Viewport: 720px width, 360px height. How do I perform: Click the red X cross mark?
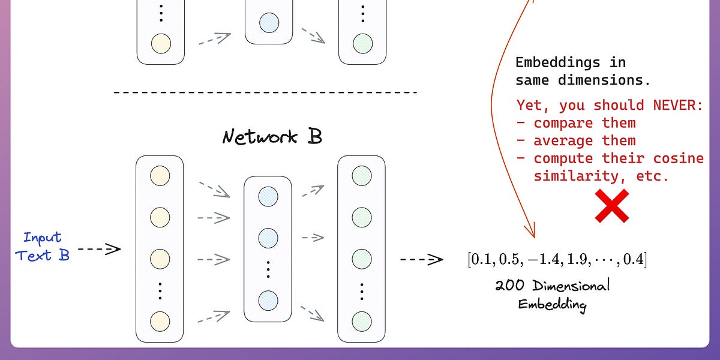click(611, 206)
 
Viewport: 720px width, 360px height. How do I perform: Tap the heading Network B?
click(272, 137)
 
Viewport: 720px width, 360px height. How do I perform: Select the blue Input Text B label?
click(43, 247)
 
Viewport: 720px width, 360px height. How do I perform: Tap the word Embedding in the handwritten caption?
click(551, 304)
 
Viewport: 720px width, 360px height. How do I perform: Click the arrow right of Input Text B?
click(99, 248)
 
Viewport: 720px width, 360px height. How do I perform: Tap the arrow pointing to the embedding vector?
click(421, 260)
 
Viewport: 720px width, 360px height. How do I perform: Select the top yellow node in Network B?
click(160, 176)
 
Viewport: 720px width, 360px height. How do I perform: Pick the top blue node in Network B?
click(268, 196)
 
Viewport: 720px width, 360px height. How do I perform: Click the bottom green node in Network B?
click(362, 319)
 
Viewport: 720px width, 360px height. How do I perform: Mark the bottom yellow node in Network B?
click(160, 319)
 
